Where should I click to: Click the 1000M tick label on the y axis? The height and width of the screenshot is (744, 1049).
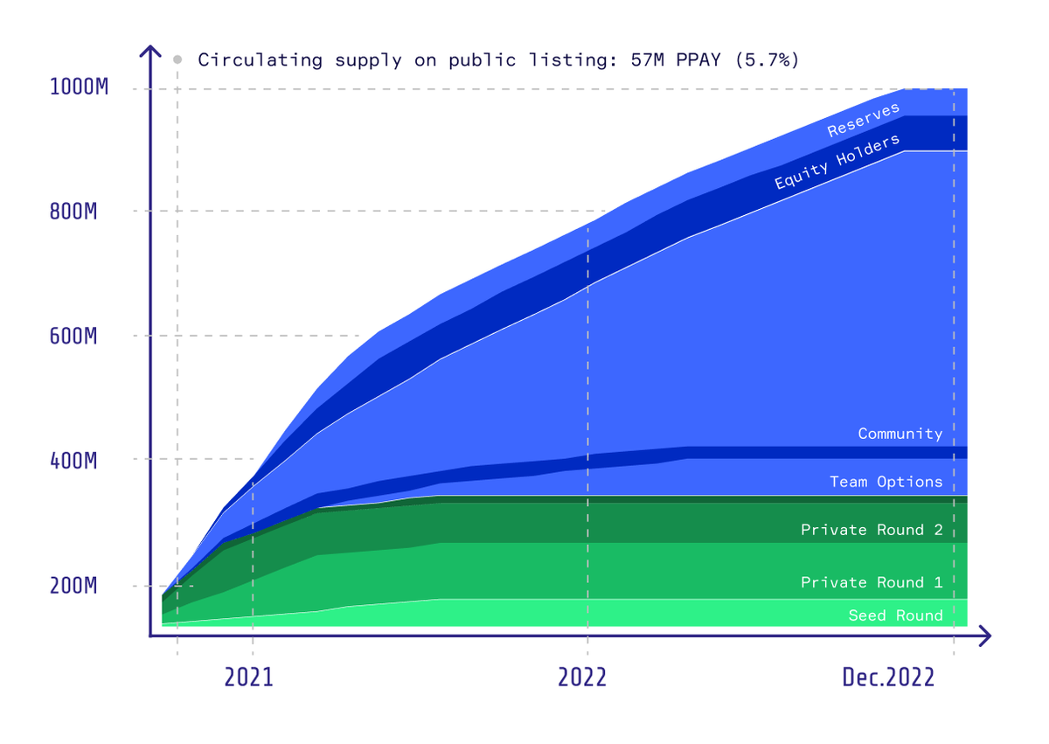click(80, 87)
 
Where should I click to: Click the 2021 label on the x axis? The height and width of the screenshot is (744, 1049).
click(249, 678)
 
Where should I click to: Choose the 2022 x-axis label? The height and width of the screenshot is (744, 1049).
click(582, 678)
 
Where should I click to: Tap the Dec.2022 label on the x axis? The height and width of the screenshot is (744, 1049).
click(888, 678)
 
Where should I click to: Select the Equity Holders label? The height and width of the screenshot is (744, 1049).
click(837, 163)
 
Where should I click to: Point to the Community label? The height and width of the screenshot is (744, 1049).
click(900, 434)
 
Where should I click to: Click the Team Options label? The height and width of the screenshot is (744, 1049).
click(886, 482)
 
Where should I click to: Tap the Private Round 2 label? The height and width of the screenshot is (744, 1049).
click(872, 530)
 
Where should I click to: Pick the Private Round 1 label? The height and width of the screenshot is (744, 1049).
click(872, 582)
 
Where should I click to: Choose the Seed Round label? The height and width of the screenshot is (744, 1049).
click(895, 615)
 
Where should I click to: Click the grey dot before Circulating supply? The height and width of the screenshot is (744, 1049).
click(177, 59)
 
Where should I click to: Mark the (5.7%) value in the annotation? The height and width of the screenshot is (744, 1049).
click(767, 59)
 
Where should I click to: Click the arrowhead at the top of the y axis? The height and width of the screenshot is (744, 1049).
click(150, 51)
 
